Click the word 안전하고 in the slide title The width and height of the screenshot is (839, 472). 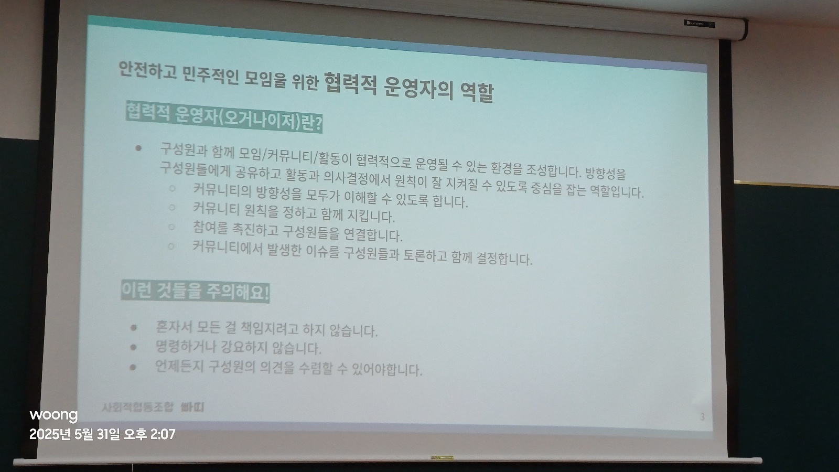point(147,70)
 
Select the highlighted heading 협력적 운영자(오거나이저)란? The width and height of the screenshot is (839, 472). point(224,117)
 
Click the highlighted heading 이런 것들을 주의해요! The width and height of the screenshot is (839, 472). point(195,292)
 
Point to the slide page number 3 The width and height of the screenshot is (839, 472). point(702,416)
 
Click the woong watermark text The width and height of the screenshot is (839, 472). point(53,415)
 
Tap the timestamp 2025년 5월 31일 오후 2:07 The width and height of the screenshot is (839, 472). point(102,434)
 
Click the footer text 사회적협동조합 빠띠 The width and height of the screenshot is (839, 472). point(153,407)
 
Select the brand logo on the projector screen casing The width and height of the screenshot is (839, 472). point(700,24)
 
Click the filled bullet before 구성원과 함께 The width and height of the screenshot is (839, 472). point(138,148)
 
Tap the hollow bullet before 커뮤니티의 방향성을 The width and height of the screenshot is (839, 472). point(173,188)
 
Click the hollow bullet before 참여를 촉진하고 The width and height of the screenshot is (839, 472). point(171,227)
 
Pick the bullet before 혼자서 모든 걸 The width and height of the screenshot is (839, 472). point(134,328)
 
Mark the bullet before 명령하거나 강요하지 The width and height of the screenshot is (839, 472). point(133,347)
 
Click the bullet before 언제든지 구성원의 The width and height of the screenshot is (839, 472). point(133,367)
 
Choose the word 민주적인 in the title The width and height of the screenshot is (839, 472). point(210,76)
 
